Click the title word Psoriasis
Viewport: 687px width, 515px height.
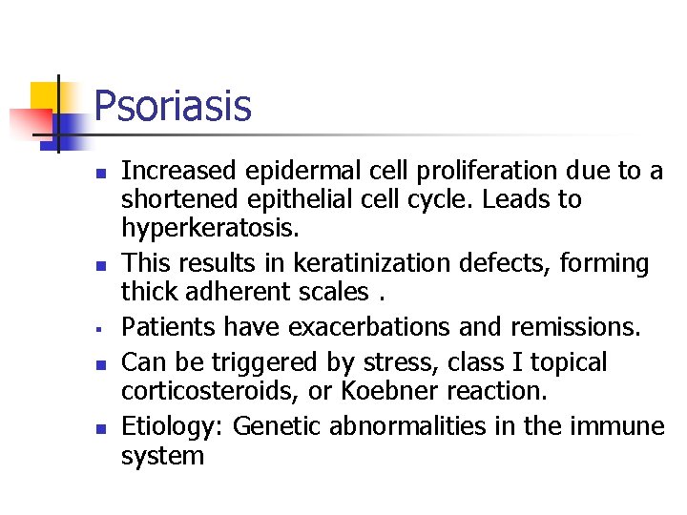pos(173,106)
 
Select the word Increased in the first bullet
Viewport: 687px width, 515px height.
pos(178,171)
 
